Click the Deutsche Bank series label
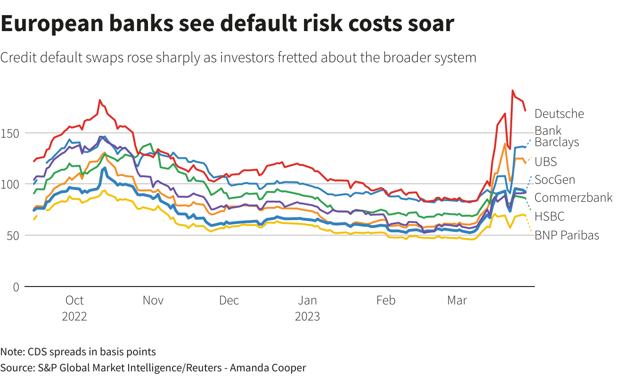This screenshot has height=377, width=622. pos(559,122)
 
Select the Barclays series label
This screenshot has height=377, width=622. pos(557,142)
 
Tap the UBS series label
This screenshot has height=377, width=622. pos(546,162)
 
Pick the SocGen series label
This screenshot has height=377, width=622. pos(555,180)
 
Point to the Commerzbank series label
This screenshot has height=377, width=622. pos(573,197)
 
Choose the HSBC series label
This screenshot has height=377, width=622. pos(549,216)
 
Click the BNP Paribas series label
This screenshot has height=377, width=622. pos(567,235)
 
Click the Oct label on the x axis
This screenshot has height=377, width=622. pos(74,300)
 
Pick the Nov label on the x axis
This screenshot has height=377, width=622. pos(153,300)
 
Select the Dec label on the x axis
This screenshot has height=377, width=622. pos(229,300)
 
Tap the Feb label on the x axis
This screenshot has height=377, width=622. pos(385,300)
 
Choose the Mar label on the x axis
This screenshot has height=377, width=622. pos(457,300)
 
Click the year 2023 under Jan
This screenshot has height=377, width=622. pos(307,316)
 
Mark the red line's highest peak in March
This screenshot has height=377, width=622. pos(512,90)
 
